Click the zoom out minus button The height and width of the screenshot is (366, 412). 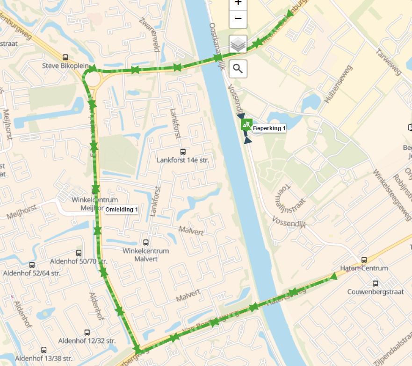point(238,19)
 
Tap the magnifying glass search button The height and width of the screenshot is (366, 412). point(238,69)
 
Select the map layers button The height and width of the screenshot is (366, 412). point(238,45)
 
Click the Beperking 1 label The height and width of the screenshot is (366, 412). point(269,128)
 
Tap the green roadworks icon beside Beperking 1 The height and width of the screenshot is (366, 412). point(246,125)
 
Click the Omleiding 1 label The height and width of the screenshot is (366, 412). point(121,210)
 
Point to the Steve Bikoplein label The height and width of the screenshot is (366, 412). point(65,66)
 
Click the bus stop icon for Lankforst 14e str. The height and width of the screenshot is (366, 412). point(183,152)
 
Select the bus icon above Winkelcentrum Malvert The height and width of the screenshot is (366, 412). point(145,242)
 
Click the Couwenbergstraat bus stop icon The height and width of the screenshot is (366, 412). point(375,283)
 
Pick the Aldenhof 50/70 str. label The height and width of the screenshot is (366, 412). point(79,261)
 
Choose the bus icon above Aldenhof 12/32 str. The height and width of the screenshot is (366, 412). point(87,332)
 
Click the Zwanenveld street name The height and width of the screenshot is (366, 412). point(150,35)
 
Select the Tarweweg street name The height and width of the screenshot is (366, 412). point(389,62)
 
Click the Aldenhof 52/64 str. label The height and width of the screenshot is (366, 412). point(32,273)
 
